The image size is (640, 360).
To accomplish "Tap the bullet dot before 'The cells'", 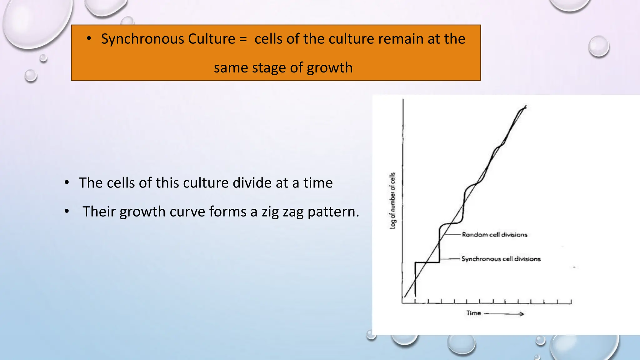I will [x=67, y=182].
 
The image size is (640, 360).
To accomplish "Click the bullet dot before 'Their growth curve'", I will [x=67, y=211].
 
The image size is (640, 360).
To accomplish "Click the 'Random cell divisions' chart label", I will [x=494, y=235].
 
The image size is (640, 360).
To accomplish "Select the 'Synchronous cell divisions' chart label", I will [x=501, y=259].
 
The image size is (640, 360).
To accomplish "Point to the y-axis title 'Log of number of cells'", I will [x=392, y=201].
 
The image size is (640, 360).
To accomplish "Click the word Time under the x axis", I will [x=473, y=313].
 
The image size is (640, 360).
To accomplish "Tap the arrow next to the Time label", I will [x=504, y=314].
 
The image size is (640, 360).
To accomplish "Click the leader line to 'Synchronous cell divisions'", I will [x=450, y=259].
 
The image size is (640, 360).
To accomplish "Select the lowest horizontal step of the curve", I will [x=427, y=262].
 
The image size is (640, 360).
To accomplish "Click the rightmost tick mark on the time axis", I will [x=571, y=301].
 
